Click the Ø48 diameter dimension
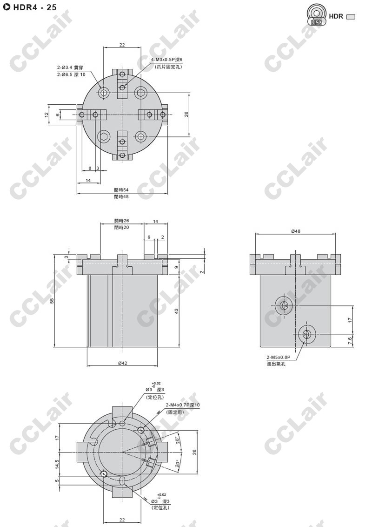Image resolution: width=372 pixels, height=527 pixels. (295, 231)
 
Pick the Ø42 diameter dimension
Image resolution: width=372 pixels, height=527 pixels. (122, 363)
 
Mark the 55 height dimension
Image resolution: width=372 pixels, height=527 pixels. (52, 301)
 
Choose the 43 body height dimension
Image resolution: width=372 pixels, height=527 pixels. (177, 311)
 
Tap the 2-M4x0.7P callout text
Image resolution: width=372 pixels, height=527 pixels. (183, 405)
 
